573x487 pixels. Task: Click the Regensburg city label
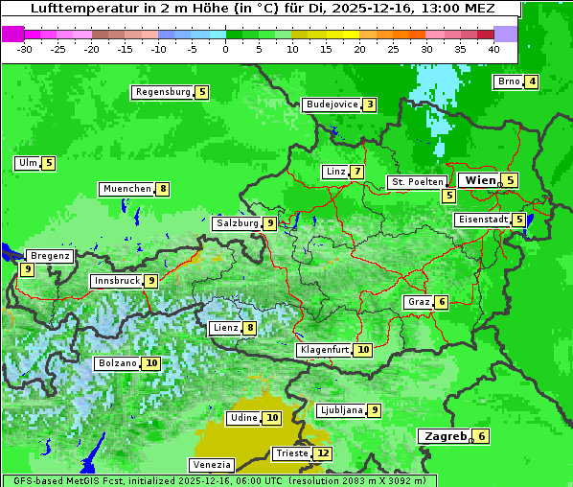pos(163,92)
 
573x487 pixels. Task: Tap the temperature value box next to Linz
pos(356,172)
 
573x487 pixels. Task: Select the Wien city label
pos(480,180)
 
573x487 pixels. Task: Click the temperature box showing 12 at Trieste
pos(323,453)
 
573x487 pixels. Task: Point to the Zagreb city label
pos(444,436)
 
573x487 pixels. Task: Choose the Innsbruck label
pos(115,281)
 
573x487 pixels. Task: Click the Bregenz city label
pos(50,256)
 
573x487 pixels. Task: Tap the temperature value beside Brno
pos(531,81)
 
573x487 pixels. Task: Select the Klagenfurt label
pos(324,350)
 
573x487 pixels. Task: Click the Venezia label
pos(212,465)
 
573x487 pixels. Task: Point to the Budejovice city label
pos(332,104)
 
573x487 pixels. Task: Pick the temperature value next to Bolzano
pos(151,363)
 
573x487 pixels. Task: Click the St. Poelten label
pos(417,181)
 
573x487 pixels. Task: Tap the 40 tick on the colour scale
pos(493,49)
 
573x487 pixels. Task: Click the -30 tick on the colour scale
pos(25,49)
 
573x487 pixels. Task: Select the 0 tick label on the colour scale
pos(225,49)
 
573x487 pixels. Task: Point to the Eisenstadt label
pos(482,220)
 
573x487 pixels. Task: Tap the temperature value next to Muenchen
pos(164,189)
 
